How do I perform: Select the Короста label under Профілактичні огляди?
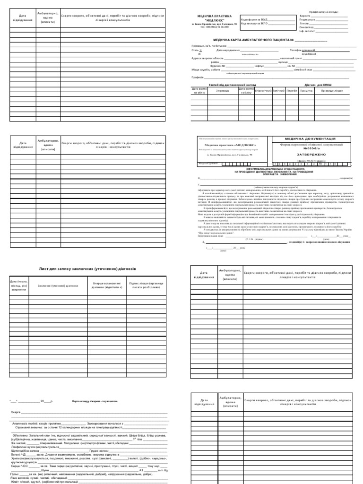[305, 15]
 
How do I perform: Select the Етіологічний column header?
[263, 90]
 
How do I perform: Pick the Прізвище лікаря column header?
[332, 90]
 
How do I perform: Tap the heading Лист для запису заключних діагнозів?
[90, 268]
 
